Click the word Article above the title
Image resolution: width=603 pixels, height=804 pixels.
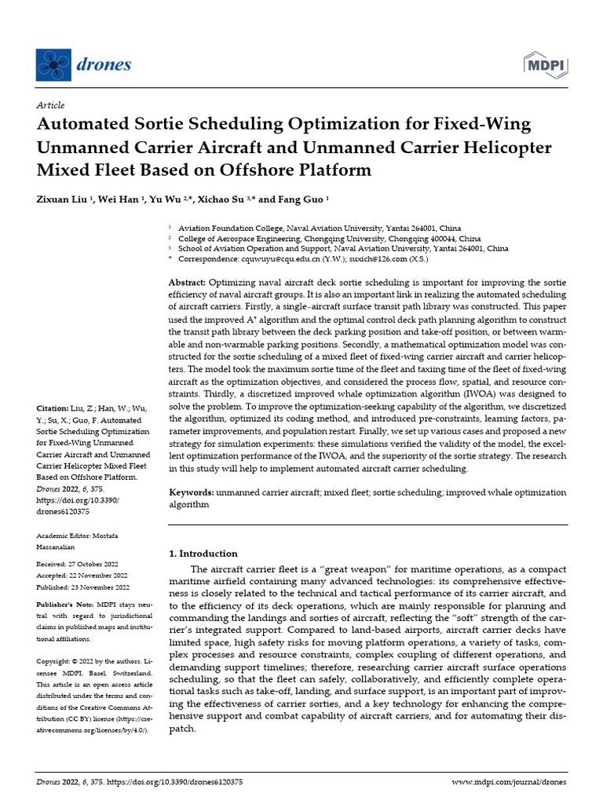pos(50,105)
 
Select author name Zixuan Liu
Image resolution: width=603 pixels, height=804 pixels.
pos(63,199)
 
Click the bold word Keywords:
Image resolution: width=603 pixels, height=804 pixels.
pos(192,492)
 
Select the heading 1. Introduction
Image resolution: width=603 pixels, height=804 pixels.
pos(203,553)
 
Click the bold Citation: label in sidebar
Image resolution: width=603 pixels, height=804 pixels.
pos(53,409)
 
